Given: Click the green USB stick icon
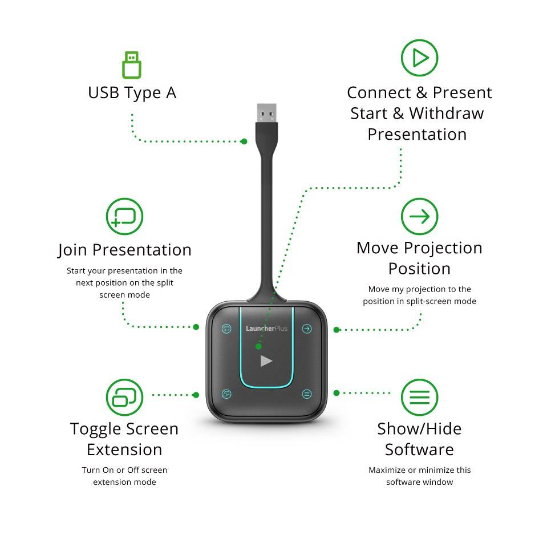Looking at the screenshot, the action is (x=132, y=65).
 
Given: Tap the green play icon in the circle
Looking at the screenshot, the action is (x=419, y=58).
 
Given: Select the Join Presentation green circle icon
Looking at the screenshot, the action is (x=124, y=216).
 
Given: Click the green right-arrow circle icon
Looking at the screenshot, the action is (x=419, y=216).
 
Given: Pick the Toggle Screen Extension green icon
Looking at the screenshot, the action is (x=124, y=397).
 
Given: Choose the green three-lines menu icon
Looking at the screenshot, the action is (x=419, y=397).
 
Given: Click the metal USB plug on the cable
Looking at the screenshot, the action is (x=267, y=113).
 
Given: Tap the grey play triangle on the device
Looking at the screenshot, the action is (x=266, y=361).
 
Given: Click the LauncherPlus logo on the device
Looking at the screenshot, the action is (x=267, y=329).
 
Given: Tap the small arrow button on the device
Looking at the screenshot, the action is (x=307, y=329).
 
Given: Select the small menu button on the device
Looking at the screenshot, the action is (x=307, y=394).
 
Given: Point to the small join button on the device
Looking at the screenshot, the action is (x=226, y=329).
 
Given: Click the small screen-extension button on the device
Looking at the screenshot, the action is (x=226, y=394).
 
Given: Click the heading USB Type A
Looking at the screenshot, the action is (x=132, y=93).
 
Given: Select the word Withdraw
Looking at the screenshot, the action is (x=447, y=114).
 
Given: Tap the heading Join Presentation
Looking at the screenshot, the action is (x=124, y=250).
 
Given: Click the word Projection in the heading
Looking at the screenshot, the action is (x=443, y=249).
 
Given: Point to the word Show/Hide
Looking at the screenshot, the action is (x=419, y=429).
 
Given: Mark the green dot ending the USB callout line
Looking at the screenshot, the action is (x=244, y=141).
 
